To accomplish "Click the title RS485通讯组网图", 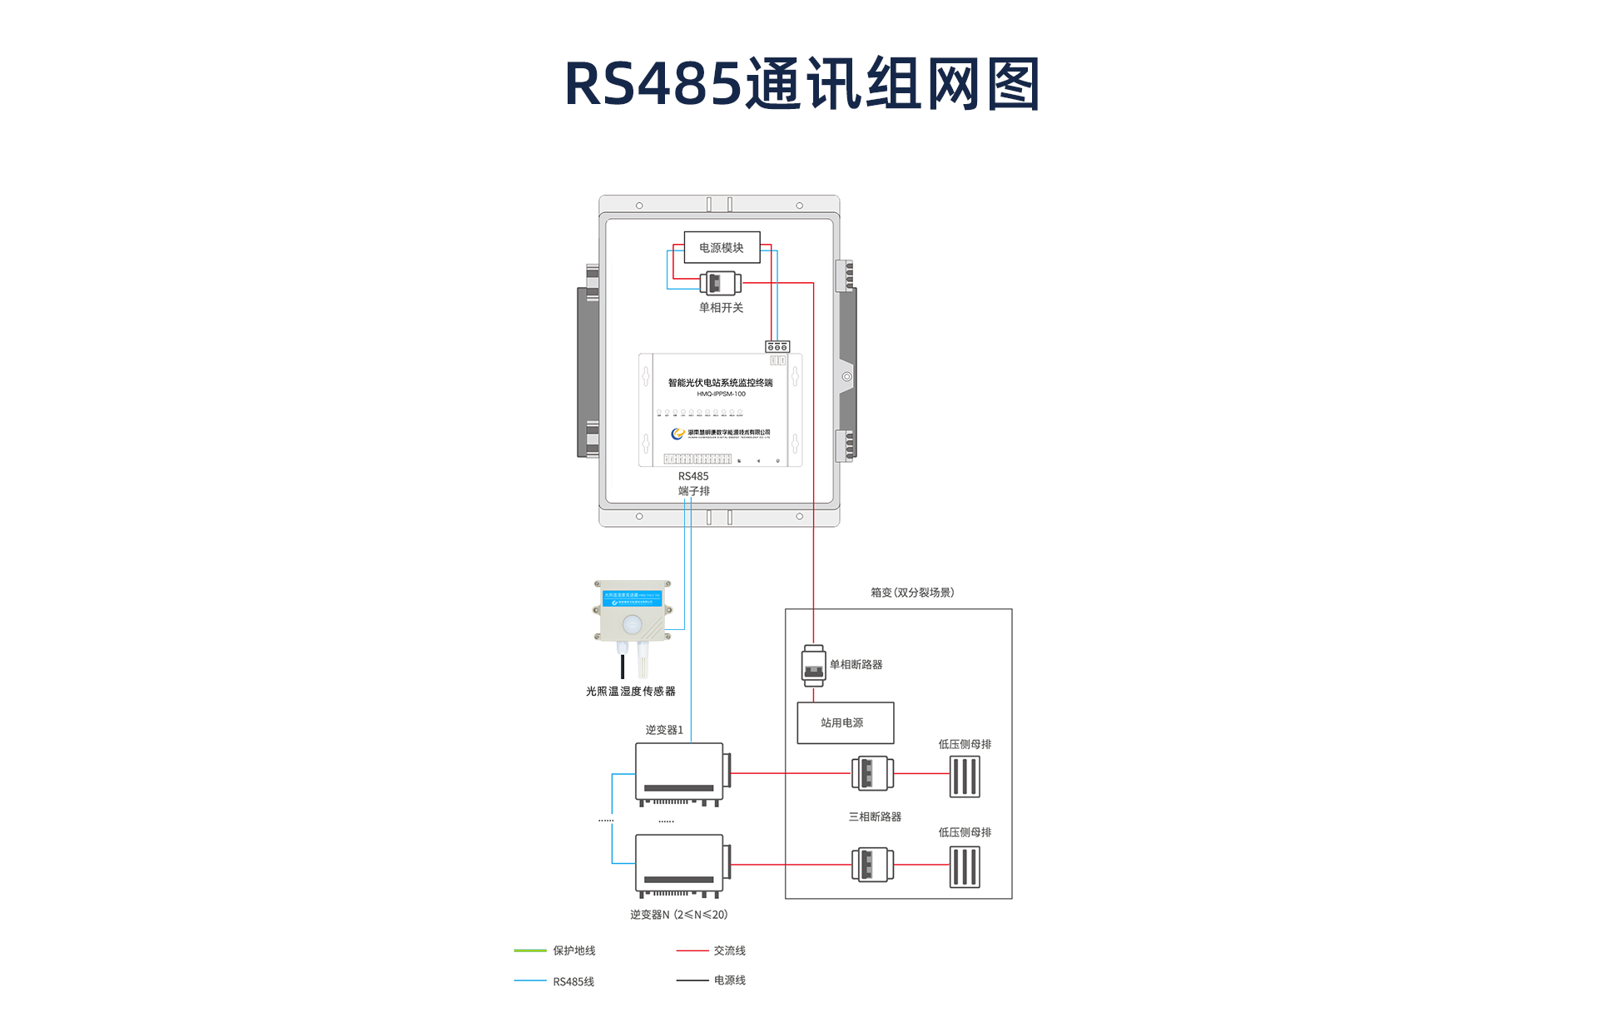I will tap(802, 84).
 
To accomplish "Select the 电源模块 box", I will tap(722, 247).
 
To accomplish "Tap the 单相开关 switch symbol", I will tap(720, 283).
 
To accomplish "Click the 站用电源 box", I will tap(845, 722).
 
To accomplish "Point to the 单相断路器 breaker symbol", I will tap(813, 665).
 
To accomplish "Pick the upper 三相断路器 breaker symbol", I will tap(872, 773).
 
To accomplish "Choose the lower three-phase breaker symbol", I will tap(872, 865).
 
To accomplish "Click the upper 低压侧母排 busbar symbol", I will tap(965, 776).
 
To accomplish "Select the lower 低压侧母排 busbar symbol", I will tap(965, 867).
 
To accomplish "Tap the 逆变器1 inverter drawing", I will tap(682, 773).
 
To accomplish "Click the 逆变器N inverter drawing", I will tap(682, 865).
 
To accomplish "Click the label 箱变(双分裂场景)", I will tap(912, 593).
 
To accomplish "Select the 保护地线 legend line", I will tap(530, 950).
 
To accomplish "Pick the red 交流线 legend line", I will tap(692, 950).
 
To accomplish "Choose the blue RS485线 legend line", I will tap(530, 981).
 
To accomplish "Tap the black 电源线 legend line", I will tap(692, 980).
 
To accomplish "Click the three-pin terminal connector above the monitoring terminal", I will tap(777, 346).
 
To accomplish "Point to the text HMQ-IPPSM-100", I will tap(721, 394).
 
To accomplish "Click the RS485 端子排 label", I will tap(693, 484).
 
